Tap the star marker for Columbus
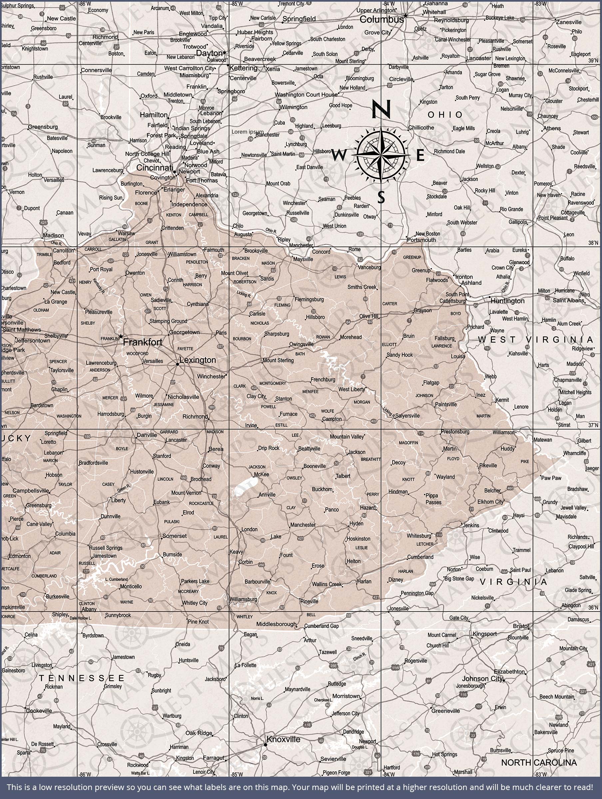coord(406,16)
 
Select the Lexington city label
coord(198,360)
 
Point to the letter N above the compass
coord(382,109)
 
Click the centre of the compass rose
coord(381,155)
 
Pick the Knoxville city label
coord(283,739)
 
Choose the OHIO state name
coord(445,115)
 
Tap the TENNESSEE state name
coord(82,678)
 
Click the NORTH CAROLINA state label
coord(539,762)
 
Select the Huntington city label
coord(507,301)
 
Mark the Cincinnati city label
coord(154,167)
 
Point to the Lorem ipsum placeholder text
coord(247,132)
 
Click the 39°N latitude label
coord(593,60)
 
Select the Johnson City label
coord(482,679)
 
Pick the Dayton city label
coord(209,53)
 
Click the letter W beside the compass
coord(339,155)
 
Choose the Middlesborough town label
coord(276,624)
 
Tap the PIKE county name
coord(525,461)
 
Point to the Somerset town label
coord(174,536)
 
